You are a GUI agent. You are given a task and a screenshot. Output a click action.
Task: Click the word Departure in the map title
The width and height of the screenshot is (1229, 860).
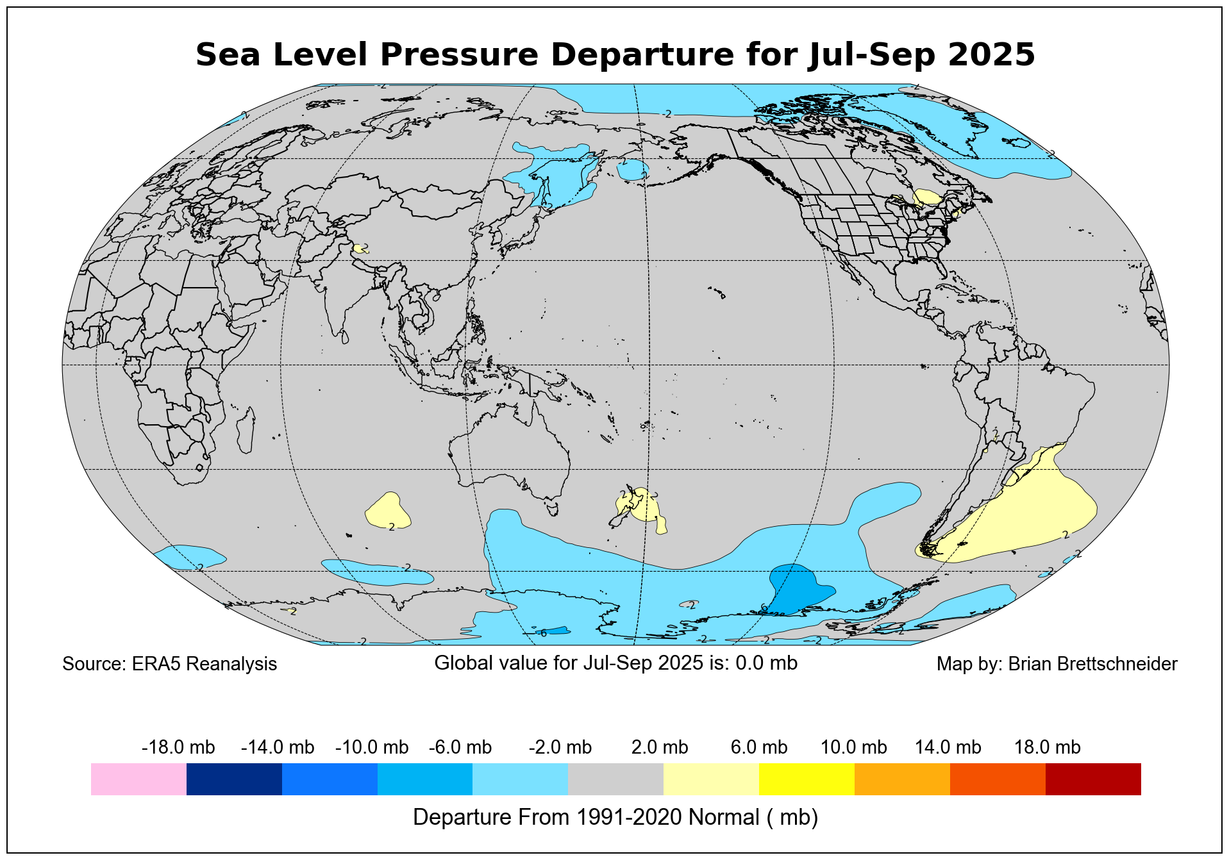[x=640, y=54]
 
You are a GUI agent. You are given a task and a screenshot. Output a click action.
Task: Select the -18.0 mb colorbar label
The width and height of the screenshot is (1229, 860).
[x=178, y=747]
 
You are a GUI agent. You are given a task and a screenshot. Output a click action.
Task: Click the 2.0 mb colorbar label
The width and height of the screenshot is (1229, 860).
[x=660, y=747]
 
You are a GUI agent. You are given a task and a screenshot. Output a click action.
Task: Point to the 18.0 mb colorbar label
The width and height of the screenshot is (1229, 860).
[x=1047, y=747]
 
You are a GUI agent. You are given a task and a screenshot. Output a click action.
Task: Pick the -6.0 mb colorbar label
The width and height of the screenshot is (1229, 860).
[x=460, y=747]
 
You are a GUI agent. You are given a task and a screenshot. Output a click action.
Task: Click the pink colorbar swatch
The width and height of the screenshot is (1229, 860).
[x=138, y=779]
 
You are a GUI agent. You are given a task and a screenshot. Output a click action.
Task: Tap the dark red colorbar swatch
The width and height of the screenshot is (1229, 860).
[x=1092, y=779]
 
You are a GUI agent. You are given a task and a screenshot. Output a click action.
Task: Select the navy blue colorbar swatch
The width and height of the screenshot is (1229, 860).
[x=234, y=779]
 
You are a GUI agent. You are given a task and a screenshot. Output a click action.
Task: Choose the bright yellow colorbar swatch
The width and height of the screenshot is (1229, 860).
[x=806, y=779]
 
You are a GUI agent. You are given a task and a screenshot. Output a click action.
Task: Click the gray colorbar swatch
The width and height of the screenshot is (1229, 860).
[x=615, y=779]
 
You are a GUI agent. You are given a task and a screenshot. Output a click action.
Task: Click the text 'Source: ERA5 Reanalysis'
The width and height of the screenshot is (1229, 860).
[x=169, y=664]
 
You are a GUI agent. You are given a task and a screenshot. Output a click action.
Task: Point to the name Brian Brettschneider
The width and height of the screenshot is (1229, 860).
[x=1092, y=664]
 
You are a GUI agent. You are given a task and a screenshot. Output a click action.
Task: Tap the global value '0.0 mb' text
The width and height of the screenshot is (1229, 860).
[x=766, y=663]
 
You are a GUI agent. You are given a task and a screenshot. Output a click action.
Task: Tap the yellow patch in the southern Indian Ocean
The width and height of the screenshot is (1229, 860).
[x=388, y=510]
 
